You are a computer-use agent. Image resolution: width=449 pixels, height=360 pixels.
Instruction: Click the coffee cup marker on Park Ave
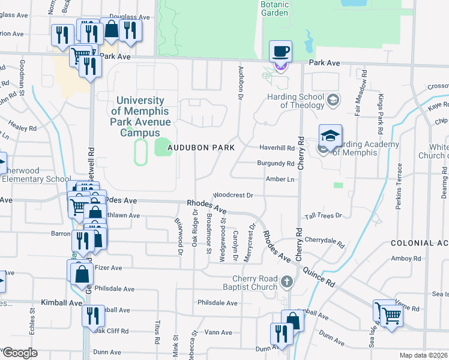(280, 51)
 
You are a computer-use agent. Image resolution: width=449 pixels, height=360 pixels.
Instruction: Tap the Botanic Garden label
(275, 8)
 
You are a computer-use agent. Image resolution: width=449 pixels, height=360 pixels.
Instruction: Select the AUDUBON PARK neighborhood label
(200, 147)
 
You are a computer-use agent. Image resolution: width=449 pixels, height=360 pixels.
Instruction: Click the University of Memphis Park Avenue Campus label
(140, 116)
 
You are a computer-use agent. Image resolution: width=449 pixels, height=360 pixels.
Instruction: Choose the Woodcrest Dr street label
(234, 195)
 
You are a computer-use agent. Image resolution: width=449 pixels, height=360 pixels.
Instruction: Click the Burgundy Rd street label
(276, 163)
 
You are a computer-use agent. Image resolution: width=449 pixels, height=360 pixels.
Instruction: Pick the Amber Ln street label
(280, 179)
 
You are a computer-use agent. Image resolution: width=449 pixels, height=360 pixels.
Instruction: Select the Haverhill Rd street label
(277, 148)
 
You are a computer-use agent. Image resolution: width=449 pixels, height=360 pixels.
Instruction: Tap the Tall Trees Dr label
(323, 215)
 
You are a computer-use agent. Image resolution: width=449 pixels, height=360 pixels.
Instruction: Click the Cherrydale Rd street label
(324, 241)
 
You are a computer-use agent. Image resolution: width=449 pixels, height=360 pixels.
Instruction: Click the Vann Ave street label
(218, 332)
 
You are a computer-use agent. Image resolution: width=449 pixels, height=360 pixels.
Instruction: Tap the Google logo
(20, 353)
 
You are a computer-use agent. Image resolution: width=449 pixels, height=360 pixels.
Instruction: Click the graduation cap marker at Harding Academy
(330, 136)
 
